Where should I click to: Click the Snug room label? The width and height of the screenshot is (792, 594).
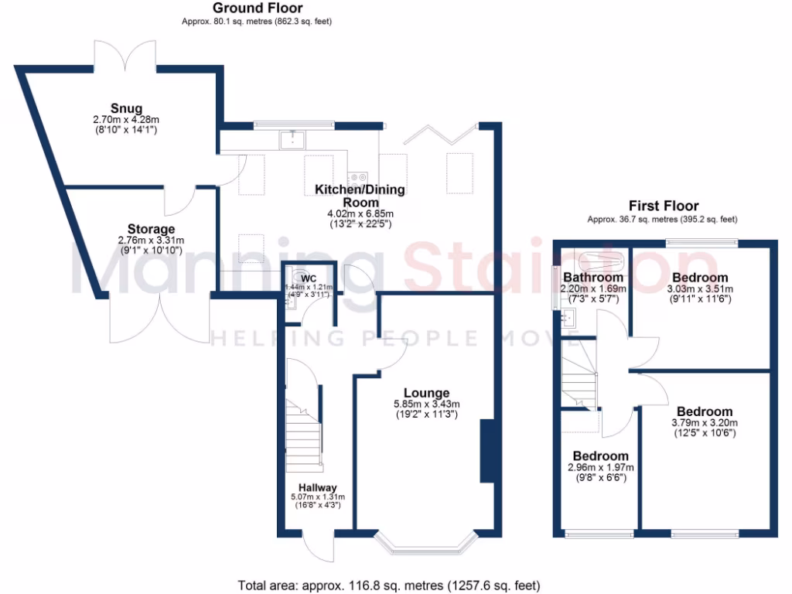126,108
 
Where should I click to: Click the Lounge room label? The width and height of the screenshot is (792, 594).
425,393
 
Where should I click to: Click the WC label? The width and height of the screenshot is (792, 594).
309,278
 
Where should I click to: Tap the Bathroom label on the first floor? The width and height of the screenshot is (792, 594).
592,278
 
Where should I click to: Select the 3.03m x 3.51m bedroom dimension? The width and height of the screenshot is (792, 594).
699,289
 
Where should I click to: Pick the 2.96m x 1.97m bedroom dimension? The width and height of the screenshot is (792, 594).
600,467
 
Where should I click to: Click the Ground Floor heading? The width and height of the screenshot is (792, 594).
247,9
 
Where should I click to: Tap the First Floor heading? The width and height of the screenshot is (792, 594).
663,206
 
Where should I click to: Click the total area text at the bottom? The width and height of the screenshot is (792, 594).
388,585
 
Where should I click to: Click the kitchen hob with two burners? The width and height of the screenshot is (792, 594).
358,177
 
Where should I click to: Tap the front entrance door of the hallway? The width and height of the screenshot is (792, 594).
318,549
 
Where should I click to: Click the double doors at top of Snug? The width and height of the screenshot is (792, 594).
126,54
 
